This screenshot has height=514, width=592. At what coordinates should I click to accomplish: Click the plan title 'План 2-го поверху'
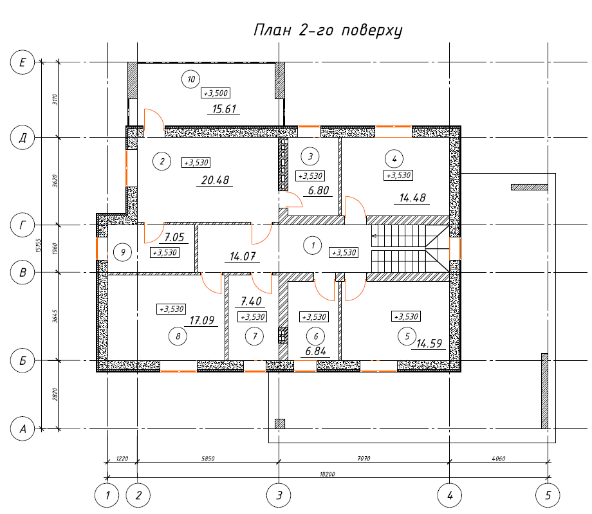(328, 30)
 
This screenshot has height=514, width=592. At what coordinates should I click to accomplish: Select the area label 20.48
(215, 180)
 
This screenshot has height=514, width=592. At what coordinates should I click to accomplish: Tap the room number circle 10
(190, 79)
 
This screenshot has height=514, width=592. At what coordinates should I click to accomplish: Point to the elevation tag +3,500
(216, 93)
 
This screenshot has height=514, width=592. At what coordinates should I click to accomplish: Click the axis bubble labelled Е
(23, 62)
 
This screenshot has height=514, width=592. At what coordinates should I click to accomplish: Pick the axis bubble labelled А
(23, 428)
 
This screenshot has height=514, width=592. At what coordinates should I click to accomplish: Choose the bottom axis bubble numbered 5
(548, 495)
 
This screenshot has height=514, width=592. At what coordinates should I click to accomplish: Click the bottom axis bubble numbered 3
(279, 495)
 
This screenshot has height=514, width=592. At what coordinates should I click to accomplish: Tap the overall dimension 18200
(328, 474)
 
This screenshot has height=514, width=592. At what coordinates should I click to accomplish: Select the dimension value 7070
(364, 459)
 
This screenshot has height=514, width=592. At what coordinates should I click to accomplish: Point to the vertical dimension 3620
(55, 181)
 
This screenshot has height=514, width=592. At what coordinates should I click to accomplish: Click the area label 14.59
(429, 344)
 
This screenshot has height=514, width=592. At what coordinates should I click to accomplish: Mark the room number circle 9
(123, 252)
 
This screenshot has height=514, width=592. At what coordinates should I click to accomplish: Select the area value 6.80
(319, 190)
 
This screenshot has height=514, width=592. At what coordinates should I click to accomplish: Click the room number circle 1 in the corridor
(313, 245)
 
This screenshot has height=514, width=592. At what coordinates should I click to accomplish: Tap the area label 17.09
(201, 320)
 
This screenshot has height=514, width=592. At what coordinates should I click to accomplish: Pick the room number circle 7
(254, 336)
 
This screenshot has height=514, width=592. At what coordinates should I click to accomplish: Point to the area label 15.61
(224, 109)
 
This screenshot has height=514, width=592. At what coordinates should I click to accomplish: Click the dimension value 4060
(498, 459)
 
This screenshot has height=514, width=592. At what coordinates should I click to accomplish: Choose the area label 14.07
(243, 257)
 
